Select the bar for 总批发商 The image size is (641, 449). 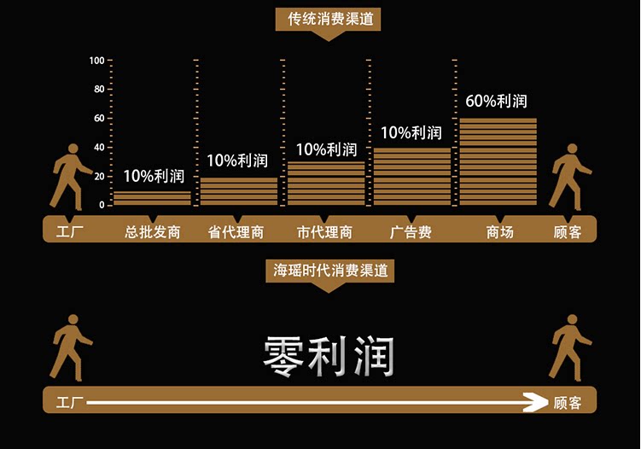tap(153, 198)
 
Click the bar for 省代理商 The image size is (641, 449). tap(239, 191)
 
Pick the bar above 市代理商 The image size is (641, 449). tap(326, 184)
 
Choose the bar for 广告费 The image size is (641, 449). tap(412, 177)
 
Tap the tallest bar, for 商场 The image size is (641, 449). tap(498, 162)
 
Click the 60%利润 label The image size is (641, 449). tap(496, 101)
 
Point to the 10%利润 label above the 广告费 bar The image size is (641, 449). tap(411, 132)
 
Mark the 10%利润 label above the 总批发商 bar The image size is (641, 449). tap(154, 176)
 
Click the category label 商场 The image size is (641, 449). tap(500, 231)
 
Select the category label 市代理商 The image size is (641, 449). tap(325, 231)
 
